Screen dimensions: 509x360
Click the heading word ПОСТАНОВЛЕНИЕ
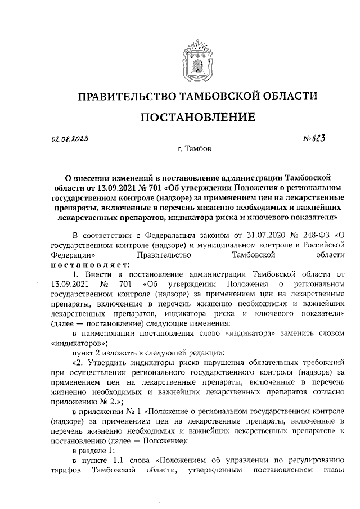197,117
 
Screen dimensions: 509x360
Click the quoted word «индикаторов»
76,343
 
